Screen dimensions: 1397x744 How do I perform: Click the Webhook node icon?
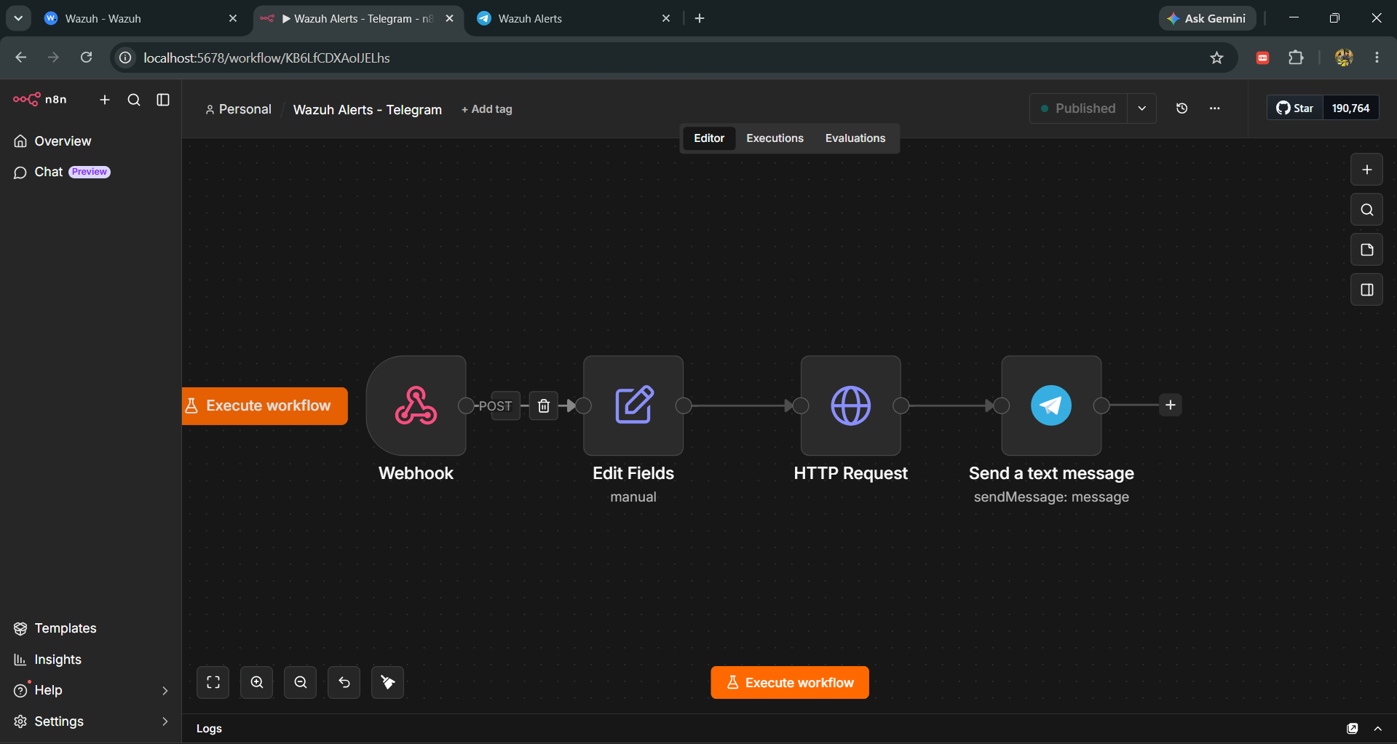click(416, 405)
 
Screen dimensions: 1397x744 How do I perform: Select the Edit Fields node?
click(633, 405)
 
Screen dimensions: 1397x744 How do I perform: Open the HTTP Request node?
click(850, 405)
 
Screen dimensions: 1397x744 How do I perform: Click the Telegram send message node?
click(1051, 405)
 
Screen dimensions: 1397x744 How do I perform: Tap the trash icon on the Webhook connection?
click(544, 405)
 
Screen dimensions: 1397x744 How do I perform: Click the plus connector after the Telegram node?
click(1171, 405)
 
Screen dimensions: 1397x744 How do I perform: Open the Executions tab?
click(775, 138)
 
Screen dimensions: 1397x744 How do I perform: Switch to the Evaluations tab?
click(855, 138)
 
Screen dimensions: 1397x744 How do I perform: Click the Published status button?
click(1078, 108)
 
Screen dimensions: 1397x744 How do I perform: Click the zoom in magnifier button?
click(257, 682)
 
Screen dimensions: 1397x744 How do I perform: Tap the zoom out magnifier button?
click(301, 682)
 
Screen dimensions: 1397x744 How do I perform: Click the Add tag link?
click(487, 109)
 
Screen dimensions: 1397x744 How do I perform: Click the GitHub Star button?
click(1295, 108)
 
